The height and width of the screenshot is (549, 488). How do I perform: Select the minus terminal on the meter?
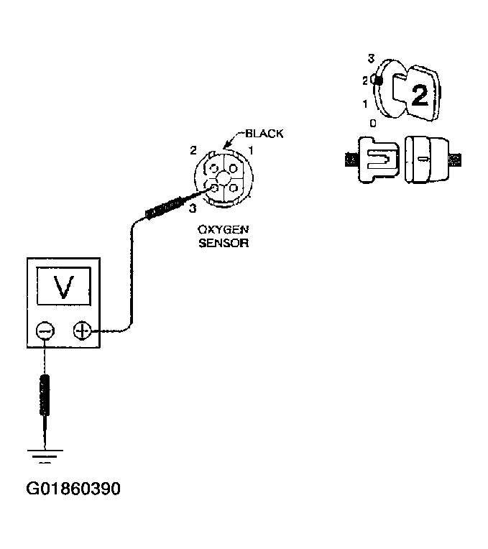tap(45, 330)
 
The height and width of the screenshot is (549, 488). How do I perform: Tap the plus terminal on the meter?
tap(81, 331)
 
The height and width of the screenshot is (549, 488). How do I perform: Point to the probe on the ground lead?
tap(45, 395)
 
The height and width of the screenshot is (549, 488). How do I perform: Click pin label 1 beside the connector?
tap(251, 150)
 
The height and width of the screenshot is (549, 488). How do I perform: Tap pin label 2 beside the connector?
tap(193, 150)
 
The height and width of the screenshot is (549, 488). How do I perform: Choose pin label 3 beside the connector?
tap(193, 209)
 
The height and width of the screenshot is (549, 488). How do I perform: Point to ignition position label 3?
tap(371, 57)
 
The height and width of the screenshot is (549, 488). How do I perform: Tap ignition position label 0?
tap(372, 123)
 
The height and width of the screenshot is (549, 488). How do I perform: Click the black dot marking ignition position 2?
tap(379, 80)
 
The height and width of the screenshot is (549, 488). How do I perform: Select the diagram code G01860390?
tap(73, 489)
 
